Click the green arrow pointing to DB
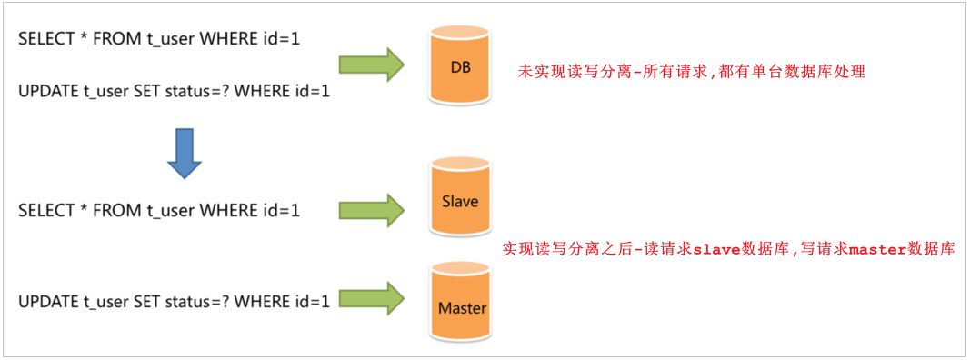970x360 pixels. (371, 65)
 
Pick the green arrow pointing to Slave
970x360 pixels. (371, 209)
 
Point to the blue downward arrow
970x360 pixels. (184, 153)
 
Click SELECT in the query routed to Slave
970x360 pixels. (45, 210)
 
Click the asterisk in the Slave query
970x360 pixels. (85, 210)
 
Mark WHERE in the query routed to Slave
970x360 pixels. (227, 210)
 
